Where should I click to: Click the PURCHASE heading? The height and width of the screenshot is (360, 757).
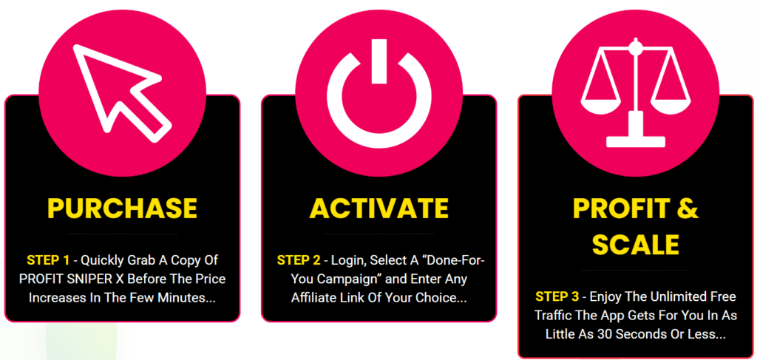(122, 208)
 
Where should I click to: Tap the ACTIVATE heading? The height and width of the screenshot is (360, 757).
(379, 208)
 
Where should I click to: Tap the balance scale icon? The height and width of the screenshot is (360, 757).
(636, 94)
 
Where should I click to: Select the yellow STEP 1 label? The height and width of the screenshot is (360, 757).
(48, 261)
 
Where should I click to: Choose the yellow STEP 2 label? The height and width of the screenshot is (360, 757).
(299, 261)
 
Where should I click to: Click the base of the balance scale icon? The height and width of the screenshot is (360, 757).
(636, 141)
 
